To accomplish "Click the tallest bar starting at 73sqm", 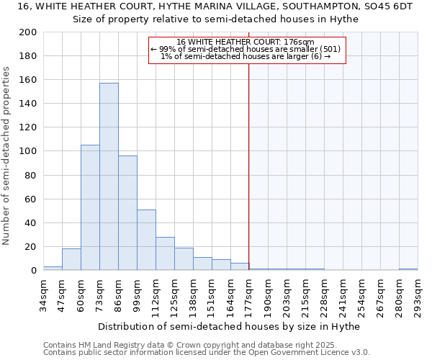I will coord(109,176).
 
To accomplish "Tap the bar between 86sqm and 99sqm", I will coord(127,212).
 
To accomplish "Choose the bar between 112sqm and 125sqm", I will coord(165,253).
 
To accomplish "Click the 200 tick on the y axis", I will coord(28,32).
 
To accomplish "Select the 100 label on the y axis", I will coord(28,151).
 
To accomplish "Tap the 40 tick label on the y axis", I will coord(31,222).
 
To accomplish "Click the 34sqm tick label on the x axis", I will coord(44,294).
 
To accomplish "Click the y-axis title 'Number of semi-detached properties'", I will coord(7,156).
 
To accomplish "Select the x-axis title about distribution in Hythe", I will coord(230,326).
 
